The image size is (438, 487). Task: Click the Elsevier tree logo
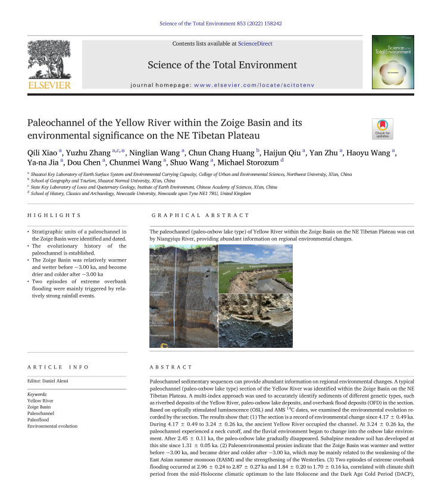point(49,60)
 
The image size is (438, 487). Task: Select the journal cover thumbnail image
point(392,62)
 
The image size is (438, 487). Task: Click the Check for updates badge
point(382,128)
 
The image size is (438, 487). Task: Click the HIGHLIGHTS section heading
point(54,215)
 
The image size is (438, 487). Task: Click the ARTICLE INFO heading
point(58,367)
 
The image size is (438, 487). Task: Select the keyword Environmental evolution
point(53,426)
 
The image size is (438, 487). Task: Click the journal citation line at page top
point(221,24)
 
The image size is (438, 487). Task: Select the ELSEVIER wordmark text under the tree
point(49,86)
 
